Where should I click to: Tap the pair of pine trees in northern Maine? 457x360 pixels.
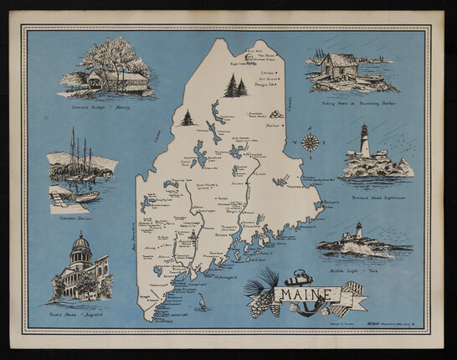(235, 85)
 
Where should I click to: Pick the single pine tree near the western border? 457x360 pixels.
(187, 118)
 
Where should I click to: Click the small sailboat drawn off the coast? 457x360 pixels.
(200, 301)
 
